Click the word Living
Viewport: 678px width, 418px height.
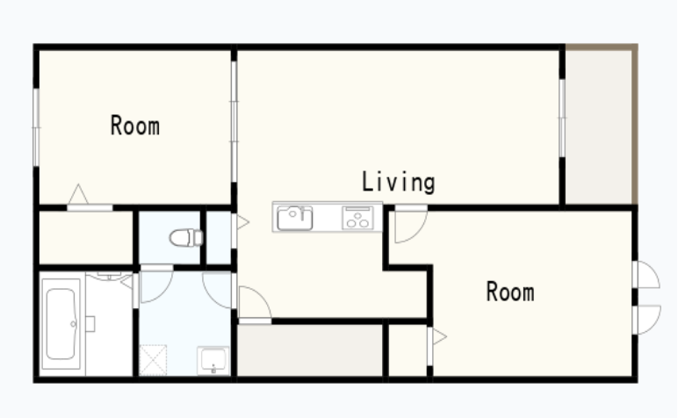click(398, 182)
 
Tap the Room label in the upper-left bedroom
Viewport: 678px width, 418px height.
click(135, 126)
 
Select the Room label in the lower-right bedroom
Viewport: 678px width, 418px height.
click(510, 292)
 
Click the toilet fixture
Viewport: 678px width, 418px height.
click(186, 238)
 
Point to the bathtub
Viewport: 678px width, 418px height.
click(61, 324)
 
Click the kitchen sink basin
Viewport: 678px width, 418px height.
click(295, 218)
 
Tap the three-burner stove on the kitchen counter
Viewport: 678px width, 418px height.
click(357, 218)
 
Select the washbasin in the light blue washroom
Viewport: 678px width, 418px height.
click(213, 360)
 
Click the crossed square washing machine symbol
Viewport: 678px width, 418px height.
click(153, 360)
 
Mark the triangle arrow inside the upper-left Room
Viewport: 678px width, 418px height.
click(78, 194)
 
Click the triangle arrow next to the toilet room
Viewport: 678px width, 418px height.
click(242, 222)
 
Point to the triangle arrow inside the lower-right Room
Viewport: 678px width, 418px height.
click(439, 336)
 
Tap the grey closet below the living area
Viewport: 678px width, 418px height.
click(310, 350)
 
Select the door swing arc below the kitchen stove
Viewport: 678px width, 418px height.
click(411, 226)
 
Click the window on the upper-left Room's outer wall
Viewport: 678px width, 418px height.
click(36, 127)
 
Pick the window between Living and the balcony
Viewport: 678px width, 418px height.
click(562, 118)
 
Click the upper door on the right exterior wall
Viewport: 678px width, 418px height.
click(646, 275)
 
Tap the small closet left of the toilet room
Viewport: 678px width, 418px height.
click(85, 237)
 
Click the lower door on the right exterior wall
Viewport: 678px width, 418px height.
click(647, 320)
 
